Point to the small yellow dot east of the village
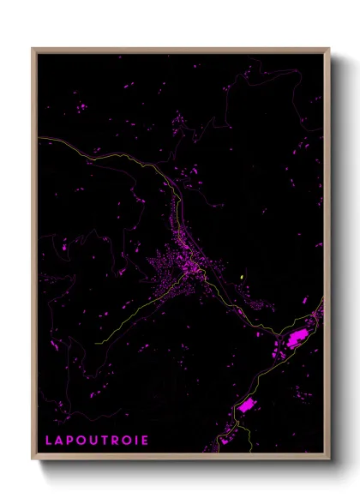pyautogui.click(x=243, y=276)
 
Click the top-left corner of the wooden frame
pyautogui.click(x=33, y=49)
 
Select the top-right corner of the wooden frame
pyautogui.click(x=329, y=49)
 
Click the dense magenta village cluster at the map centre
pyautogui.click(x=184, y=266)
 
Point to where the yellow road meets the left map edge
pyautogui.click(x=39, y=141)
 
